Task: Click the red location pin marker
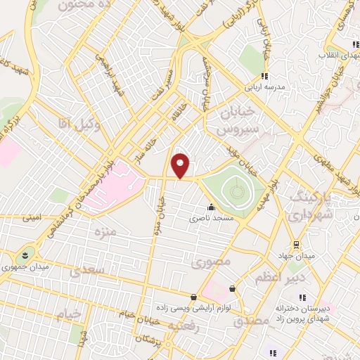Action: point(181,166)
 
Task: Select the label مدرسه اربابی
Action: point(264,89)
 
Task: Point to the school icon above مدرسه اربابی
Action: point(264,77)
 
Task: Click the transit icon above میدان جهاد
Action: point(297,245)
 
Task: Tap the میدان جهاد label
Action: point(296,255)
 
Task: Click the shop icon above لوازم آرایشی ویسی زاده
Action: point(193,297)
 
